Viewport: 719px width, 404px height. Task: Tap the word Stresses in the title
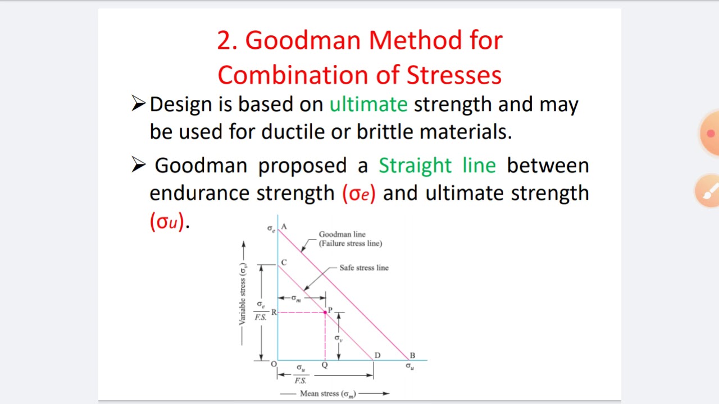[454, 75]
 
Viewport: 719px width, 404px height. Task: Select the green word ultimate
[368, 104]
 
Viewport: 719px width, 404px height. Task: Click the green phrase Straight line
[437, 166]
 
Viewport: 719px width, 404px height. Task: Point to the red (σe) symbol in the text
[358, 194]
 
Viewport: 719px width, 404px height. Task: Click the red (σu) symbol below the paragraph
[167, 222]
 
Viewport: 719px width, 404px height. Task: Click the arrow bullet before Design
[138, 103]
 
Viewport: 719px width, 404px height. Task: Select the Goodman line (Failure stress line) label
[350, 239]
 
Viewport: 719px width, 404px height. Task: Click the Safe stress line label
[363, 268]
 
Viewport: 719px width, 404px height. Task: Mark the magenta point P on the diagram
[325, 312]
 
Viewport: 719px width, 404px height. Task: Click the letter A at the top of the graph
[284, 227]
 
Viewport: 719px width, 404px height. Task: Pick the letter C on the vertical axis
[284, 263]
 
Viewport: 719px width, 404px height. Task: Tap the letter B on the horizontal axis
[412, 356]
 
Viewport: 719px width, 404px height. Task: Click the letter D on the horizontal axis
[377, 356]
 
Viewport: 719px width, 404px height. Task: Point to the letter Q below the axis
[325, 365]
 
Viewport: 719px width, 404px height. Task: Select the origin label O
[274, 365]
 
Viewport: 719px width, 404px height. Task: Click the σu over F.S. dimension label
[301, 374]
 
